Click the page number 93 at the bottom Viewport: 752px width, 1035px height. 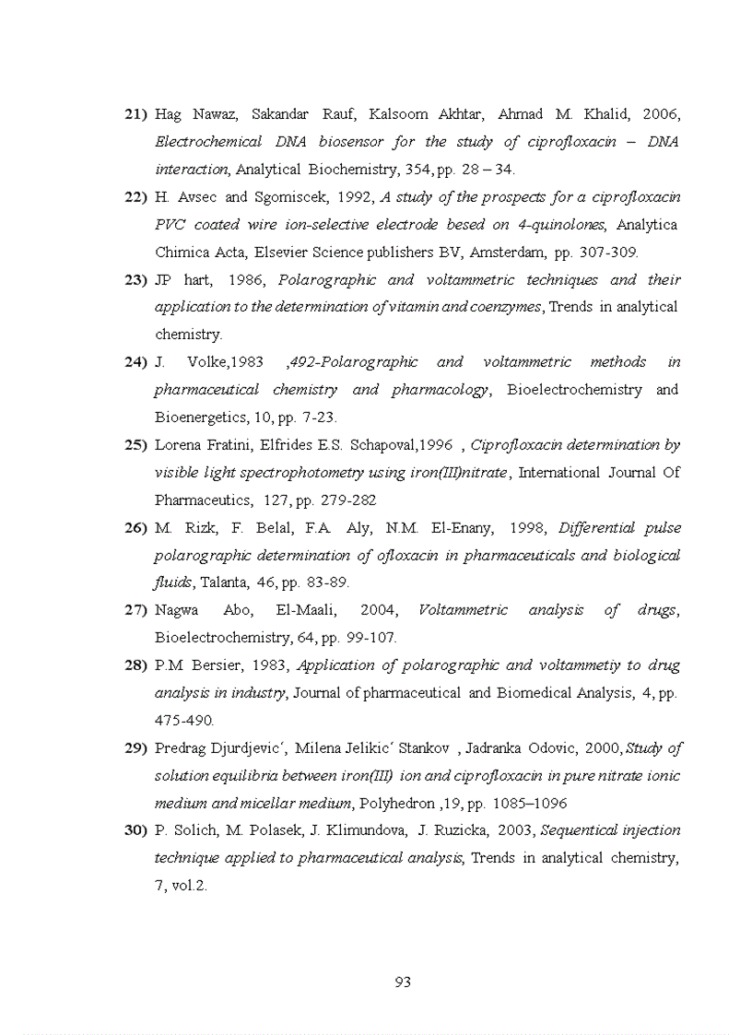[x=402, y=982]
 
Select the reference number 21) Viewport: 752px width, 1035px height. [x=135, y=115]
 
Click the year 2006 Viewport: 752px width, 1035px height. [x=661, y=115]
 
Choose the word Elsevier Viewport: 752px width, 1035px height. [x=259, y=252]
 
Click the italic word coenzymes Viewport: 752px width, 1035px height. [x=505, y=307]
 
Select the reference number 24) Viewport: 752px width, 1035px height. [x=135, y=362]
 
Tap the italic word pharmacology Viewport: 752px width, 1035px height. [x=440, y=390]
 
